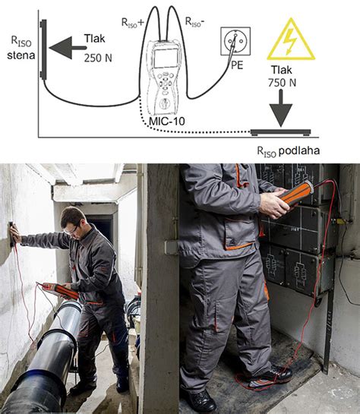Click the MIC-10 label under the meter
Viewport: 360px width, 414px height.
coord(167,120)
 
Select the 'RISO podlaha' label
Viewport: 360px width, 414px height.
coord(287,150)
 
